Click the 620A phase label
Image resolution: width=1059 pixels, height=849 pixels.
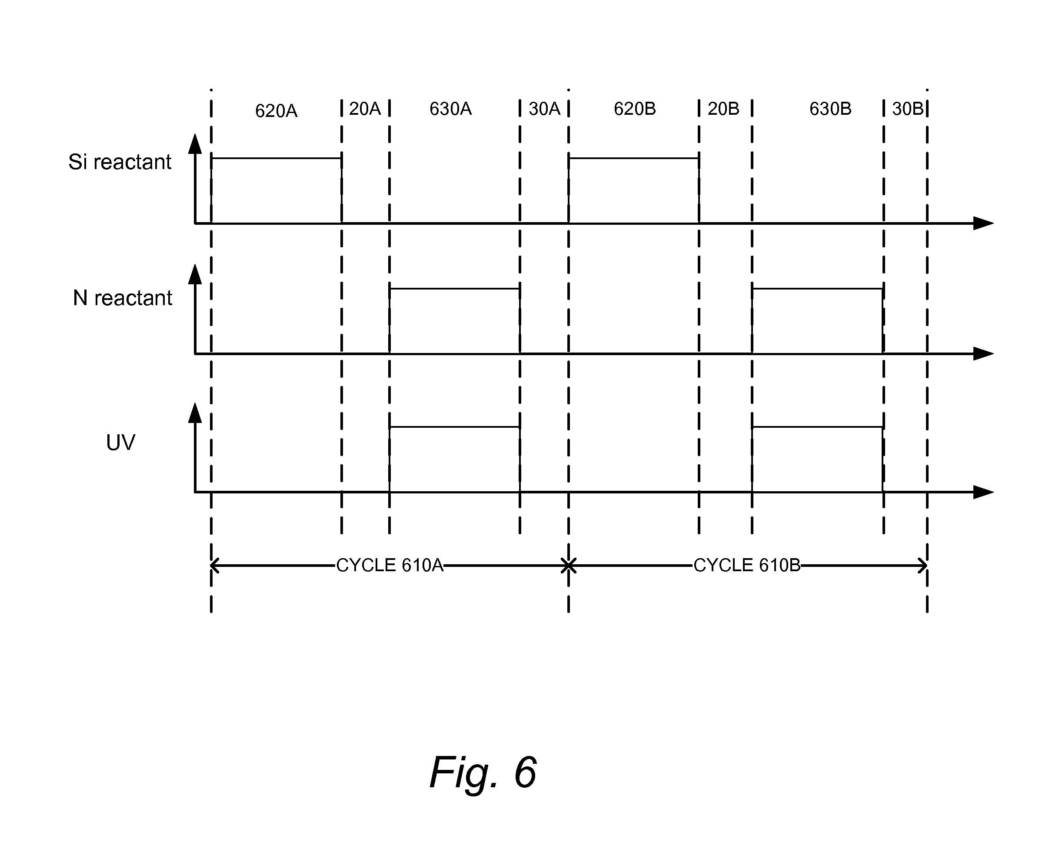click(x=276, y=111)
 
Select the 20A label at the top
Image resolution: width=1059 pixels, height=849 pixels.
click(x=364, y=109)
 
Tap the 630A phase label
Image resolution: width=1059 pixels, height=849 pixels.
click(x=450, y=109)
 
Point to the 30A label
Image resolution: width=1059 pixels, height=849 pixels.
click(x=544, y=109)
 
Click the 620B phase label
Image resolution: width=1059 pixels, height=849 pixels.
click(x=635, y=109)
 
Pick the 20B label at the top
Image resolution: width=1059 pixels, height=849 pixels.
click(x=723, y=109)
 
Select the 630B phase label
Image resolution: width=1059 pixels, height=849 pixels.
click(x=830, y=109)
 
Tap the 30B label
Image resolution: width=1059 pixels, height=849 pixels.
click(x=907, y=109)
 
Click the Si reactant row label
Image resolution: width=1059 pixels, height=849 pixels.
click(x=120, y=162)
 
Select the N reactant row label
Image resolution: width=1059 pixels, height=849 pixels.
click(x=122, y=298)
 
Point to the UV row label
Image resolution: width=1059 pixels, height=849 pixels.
click(x=120, y=443)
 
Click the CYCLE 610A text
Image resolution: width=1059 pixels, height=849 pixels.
click(x=390, y=566)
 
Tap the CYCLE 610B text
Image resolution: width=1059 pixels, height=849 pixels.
click(x=746, y=566)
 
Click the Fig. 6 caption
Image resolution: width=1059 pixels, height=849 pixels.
click(x=483, y=772)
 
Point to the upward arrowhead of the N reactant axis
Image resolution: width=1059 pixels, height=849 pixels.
click(x=195, y=274)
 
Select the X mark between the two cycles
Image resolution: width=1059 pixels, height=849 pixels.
click(x=568, y=566)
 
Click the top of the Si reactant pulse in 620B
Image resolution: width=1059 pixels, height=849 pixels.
click(x=634, y=158)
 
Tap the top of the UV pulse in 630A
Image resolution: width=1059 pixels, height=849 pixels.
click(x=454, y=427)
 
